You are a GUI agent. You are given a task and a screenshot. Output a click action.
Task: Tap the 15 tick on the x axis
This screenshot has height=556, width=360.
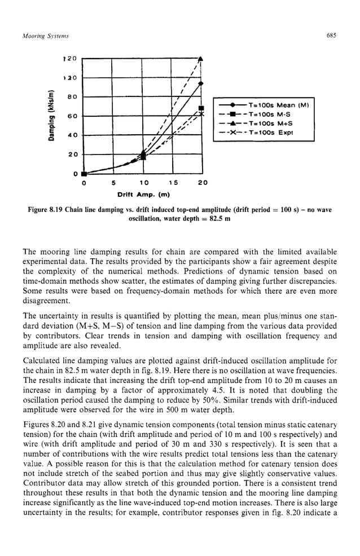(173, 183)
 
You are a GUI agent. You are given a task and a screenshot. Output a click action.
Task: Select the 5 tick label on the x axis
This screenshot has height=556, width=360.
(113, 183)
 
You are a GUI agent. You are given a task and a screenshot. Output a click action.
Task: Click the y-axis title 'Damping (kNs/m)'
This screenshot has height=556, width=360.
(52, 116)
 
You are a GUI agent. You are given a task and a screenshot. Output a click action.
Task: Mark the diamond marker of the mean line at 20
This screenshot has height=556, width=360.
(201, 83)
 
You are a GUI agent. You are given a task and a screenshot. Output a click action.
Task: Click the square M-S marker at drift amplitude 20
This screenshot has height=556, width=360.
(201, 108)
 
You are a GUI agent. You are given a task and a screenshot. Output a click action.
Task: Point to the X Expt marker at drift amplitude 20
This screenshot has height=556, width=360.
(201, 114)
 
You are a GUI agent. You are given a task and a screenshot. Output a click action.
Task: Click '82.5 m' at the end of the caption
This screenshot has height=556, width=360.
(219, 219)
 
